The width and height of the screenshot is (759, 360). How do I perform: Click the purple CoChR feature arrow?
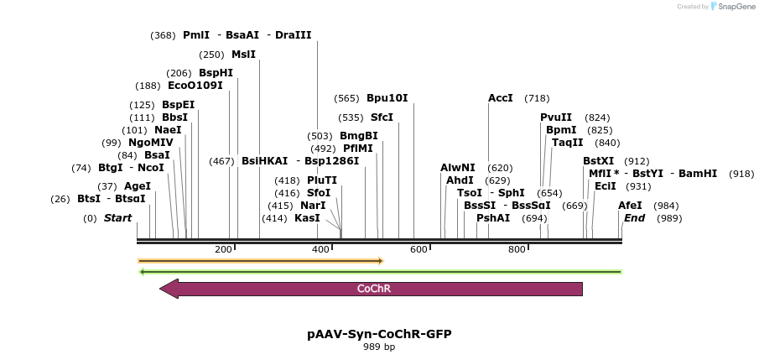point(373,289)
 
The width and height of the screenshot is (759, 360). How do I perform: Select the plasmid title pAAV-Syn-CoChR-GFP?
point(379,334)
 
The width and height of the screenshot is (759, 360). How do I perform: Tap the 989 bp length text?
point(379,347)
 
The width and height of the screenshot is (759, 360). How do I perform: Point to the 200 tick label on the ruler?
point(223,249)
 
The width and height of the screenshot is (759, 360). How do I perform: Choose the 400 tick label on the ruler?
point(321,249)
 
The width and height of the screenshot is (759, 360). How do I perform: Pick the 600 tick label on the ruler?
point(419,249)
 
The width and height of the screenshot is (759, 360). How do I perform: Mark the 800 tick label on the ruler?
point(517,249)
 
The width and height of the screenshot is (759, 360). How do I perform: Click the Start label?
point(117,218)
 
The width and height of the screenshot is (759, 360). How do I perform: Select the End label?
point(634,218)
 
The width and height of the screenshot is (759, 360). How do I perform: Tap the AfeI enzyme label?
point(630,205)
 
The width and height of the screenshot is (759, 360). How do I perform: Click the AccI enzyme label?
point(501,98)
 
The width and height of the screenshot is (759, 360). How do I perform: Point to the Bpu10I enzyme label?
point(387,98)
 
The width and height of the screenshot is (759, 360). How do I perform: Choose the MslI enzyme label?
point(243,55)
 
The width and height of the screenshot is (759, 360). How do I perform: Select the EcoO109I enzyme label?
point(195,86)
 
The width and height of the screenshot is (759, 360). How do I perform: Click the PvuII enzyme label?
point(556,117)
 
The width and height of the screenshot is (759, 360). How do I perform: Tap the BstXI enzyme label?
point(599,161)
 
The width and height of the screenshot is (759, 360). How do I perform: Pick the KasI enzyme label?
point(307,218)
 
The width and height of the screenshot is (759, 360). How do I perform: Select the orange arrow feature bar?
point(260,261)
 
